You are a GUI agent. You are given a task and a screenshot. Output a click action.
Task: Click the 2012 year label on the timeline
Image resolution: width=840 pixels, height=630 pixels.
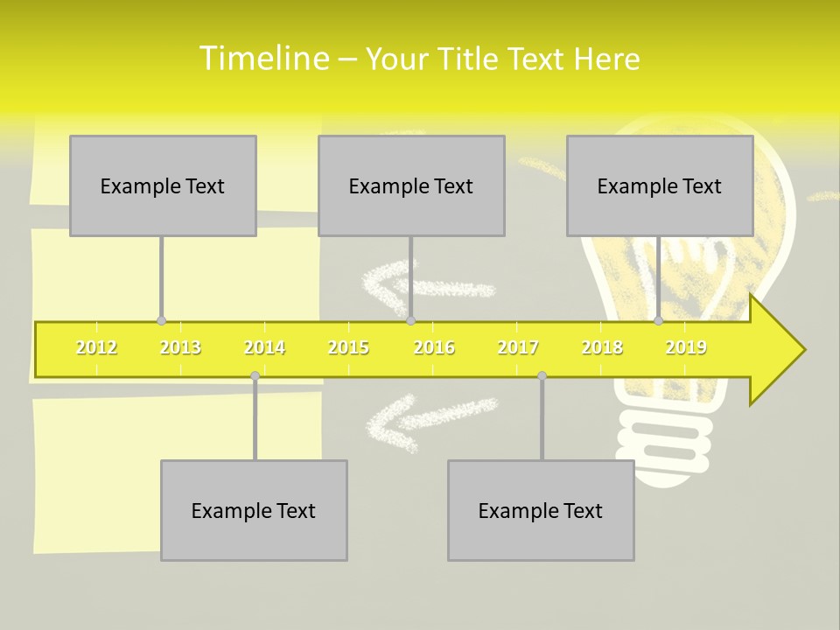96,348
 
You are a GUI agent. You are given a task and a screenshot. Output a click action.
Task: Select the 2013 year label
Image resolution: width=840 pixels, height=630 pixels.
180,348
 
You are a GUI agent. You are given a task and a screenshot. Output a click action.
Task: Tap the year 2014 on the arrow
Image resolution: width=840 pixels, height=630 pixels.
264,348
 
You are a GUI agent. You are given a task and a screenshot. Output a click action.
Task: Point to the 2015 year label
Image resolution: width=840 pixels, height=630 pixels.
348,348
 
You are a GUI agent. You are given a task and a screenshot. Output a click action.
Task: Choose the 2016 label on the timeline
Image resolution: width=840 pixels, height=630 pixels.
434,348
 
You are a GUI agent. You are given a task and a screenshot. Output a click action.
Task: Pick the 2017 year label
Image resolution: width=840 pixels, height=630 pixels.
518,348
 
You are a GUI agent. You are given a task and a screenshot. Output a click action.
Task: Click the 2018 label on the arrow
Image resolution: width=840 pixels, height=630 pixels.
602,348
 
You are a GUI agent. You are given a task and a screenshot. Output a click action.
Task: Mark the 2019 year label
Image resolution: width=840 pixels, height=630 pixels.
686,348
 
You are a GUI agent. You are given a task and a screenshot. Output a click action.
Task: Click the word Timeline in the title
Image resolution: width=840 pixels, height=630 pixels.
263,59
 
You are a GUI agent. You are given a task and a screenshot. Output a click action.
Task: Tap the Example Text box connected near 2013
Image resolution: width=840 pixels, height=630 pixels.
163,185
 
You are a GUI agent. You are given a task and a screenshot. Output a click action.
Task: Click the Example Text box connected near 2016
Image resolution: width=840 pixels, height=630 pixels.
411,185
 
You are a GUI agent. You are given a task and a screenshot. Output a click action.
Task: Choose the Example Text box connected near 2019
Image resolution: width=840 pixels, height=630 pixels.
660,185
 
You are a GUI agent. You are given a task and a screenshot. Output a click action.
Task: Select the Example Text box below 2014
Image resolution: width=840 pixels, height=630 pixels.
254,510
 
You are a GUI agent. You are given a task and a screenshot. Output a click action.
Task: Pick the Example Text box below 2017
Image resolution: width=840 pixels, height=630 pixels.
541,510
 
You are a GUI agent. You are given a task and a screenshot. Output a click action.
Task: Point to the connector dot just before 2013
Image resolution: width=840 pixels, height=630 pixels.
161,321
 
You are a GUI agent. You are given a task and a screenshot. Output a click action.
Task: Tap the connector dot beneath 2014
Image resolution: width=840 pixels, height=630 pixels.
255,376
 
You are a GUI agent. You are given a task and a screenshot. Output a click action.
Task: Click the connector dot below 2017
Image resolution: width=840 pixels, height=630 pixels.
542,376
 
